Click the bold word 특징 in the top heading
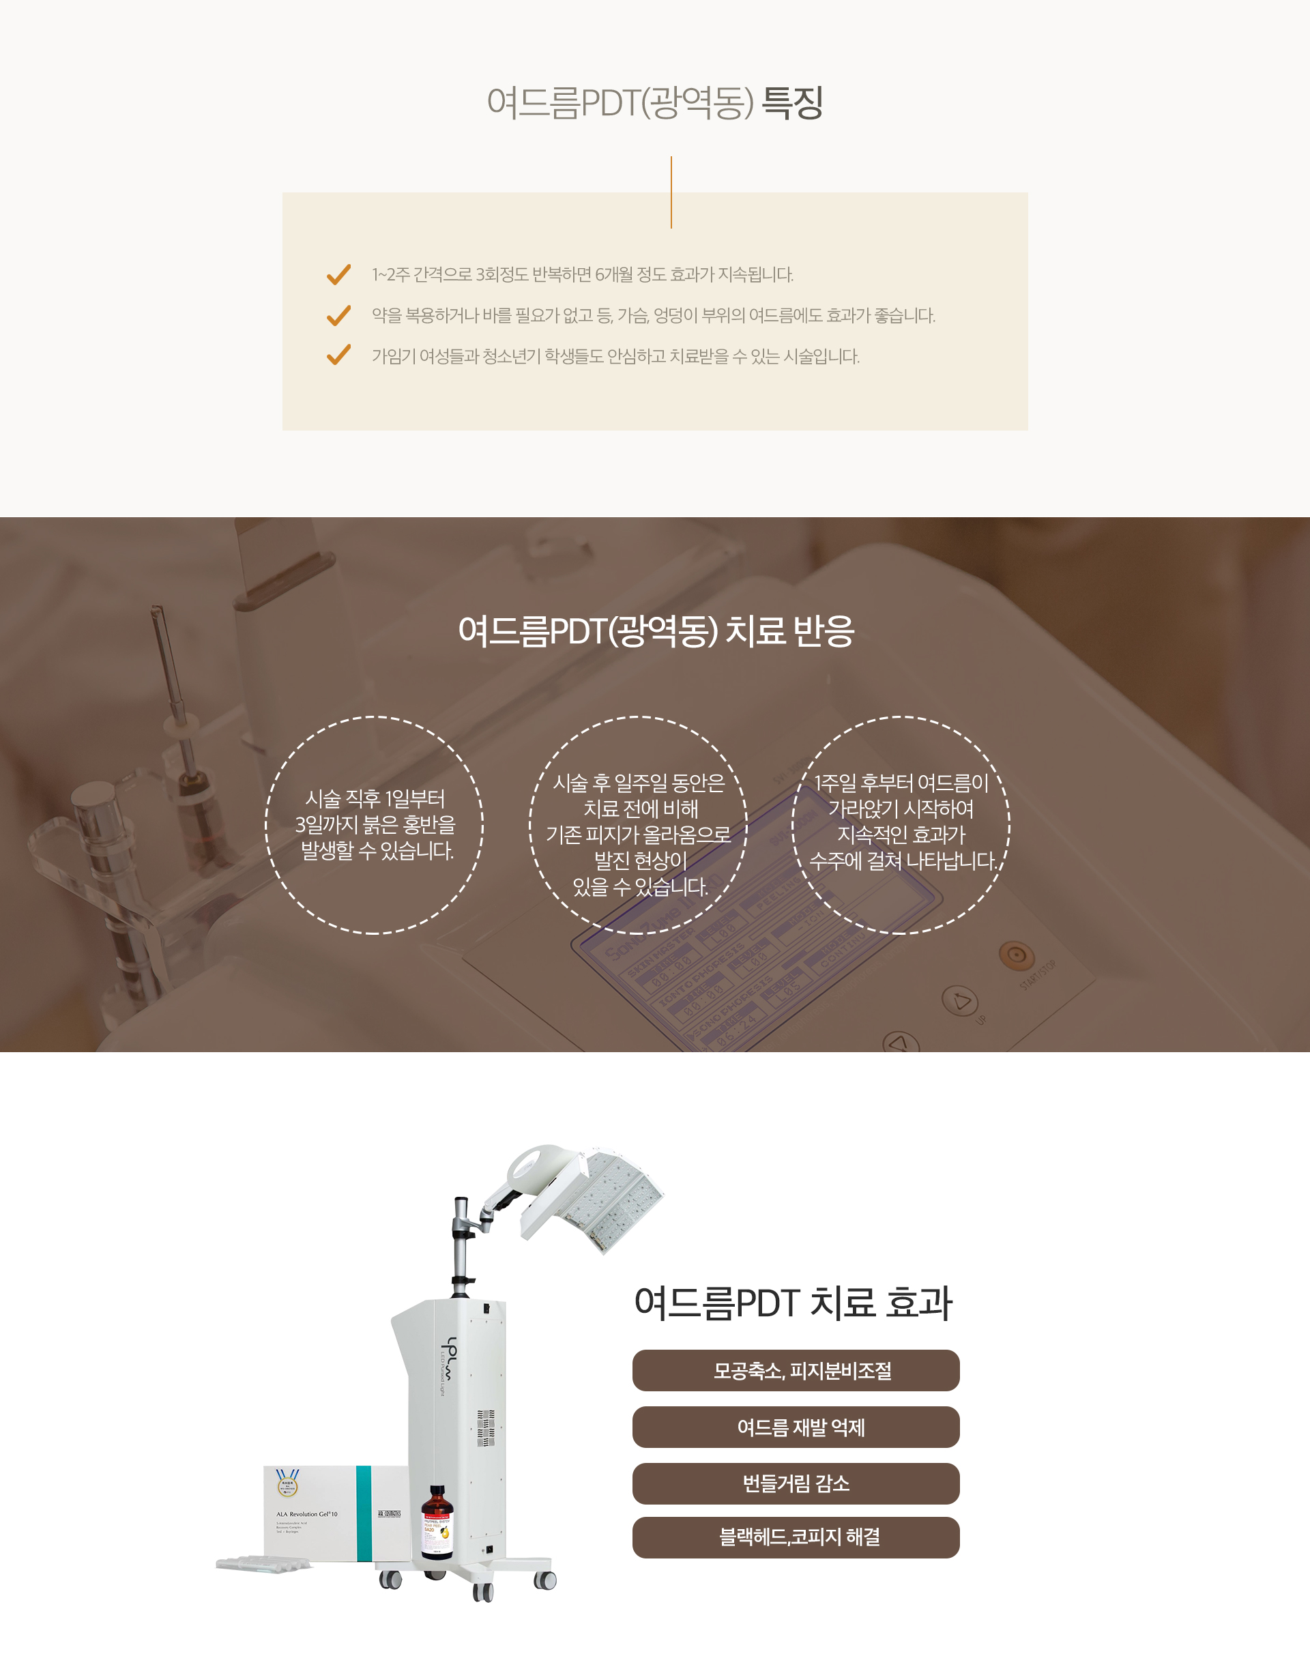pyautogui.click(x=792, y=103)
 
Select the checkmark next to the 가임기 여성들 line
pyautogui.click(x=338, y=356)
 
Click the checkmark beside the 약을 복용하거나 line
pyautogui.click(x=338, y=315)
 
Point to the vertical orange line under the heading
pyautogui.click(x=671, y=192)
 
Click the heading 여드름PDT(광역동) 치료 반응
pyautogui.click(x=656, y=630)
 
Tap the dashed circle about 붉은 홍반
pyautogui.click(x=265, y=826)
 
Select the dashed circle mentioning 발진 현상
pyautogui.click(x=529, y=826)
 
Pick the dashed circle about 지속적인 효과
pyautogui.click(x=792, y=826)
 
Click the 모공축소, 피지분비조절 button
pyautogui.click(x=796, y=1370)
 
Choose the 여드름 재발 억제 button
pyautogui.click(x=796, y=1427)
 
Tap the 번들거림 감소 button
pyautogui.click(x=796, y=1483)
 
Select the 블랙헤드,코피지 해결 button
pyautogui.click(x=796, y=1537)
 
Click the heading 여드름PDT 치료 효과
pyautogui.click(x=793, y=1303)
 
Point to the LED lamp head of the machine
pyautogui.click(x=591, y=1197)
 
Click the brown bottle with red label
pyautogui.click(x=437, y=1522)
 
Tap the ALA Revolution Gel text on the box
pyautogui.click(x=307, y=1514)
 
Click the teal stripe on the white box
pyautogui.click(x=364, y=1513)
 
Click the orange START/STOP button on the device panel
pyautogui.click(x=1016, y=955)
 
